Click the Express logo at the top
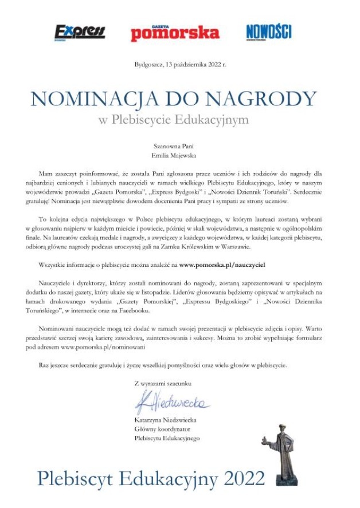click(x=80, y=32)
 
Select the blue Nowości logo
click(x=269, y=31)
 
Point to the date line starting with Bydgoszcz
click(x=180, y=65)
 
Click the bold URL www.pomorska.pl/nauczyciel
click(x=222, y=266)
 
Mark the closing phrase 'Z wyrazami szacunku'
click(x=163, y=383)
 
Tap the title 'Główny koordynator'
click(x=162, y=429)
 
